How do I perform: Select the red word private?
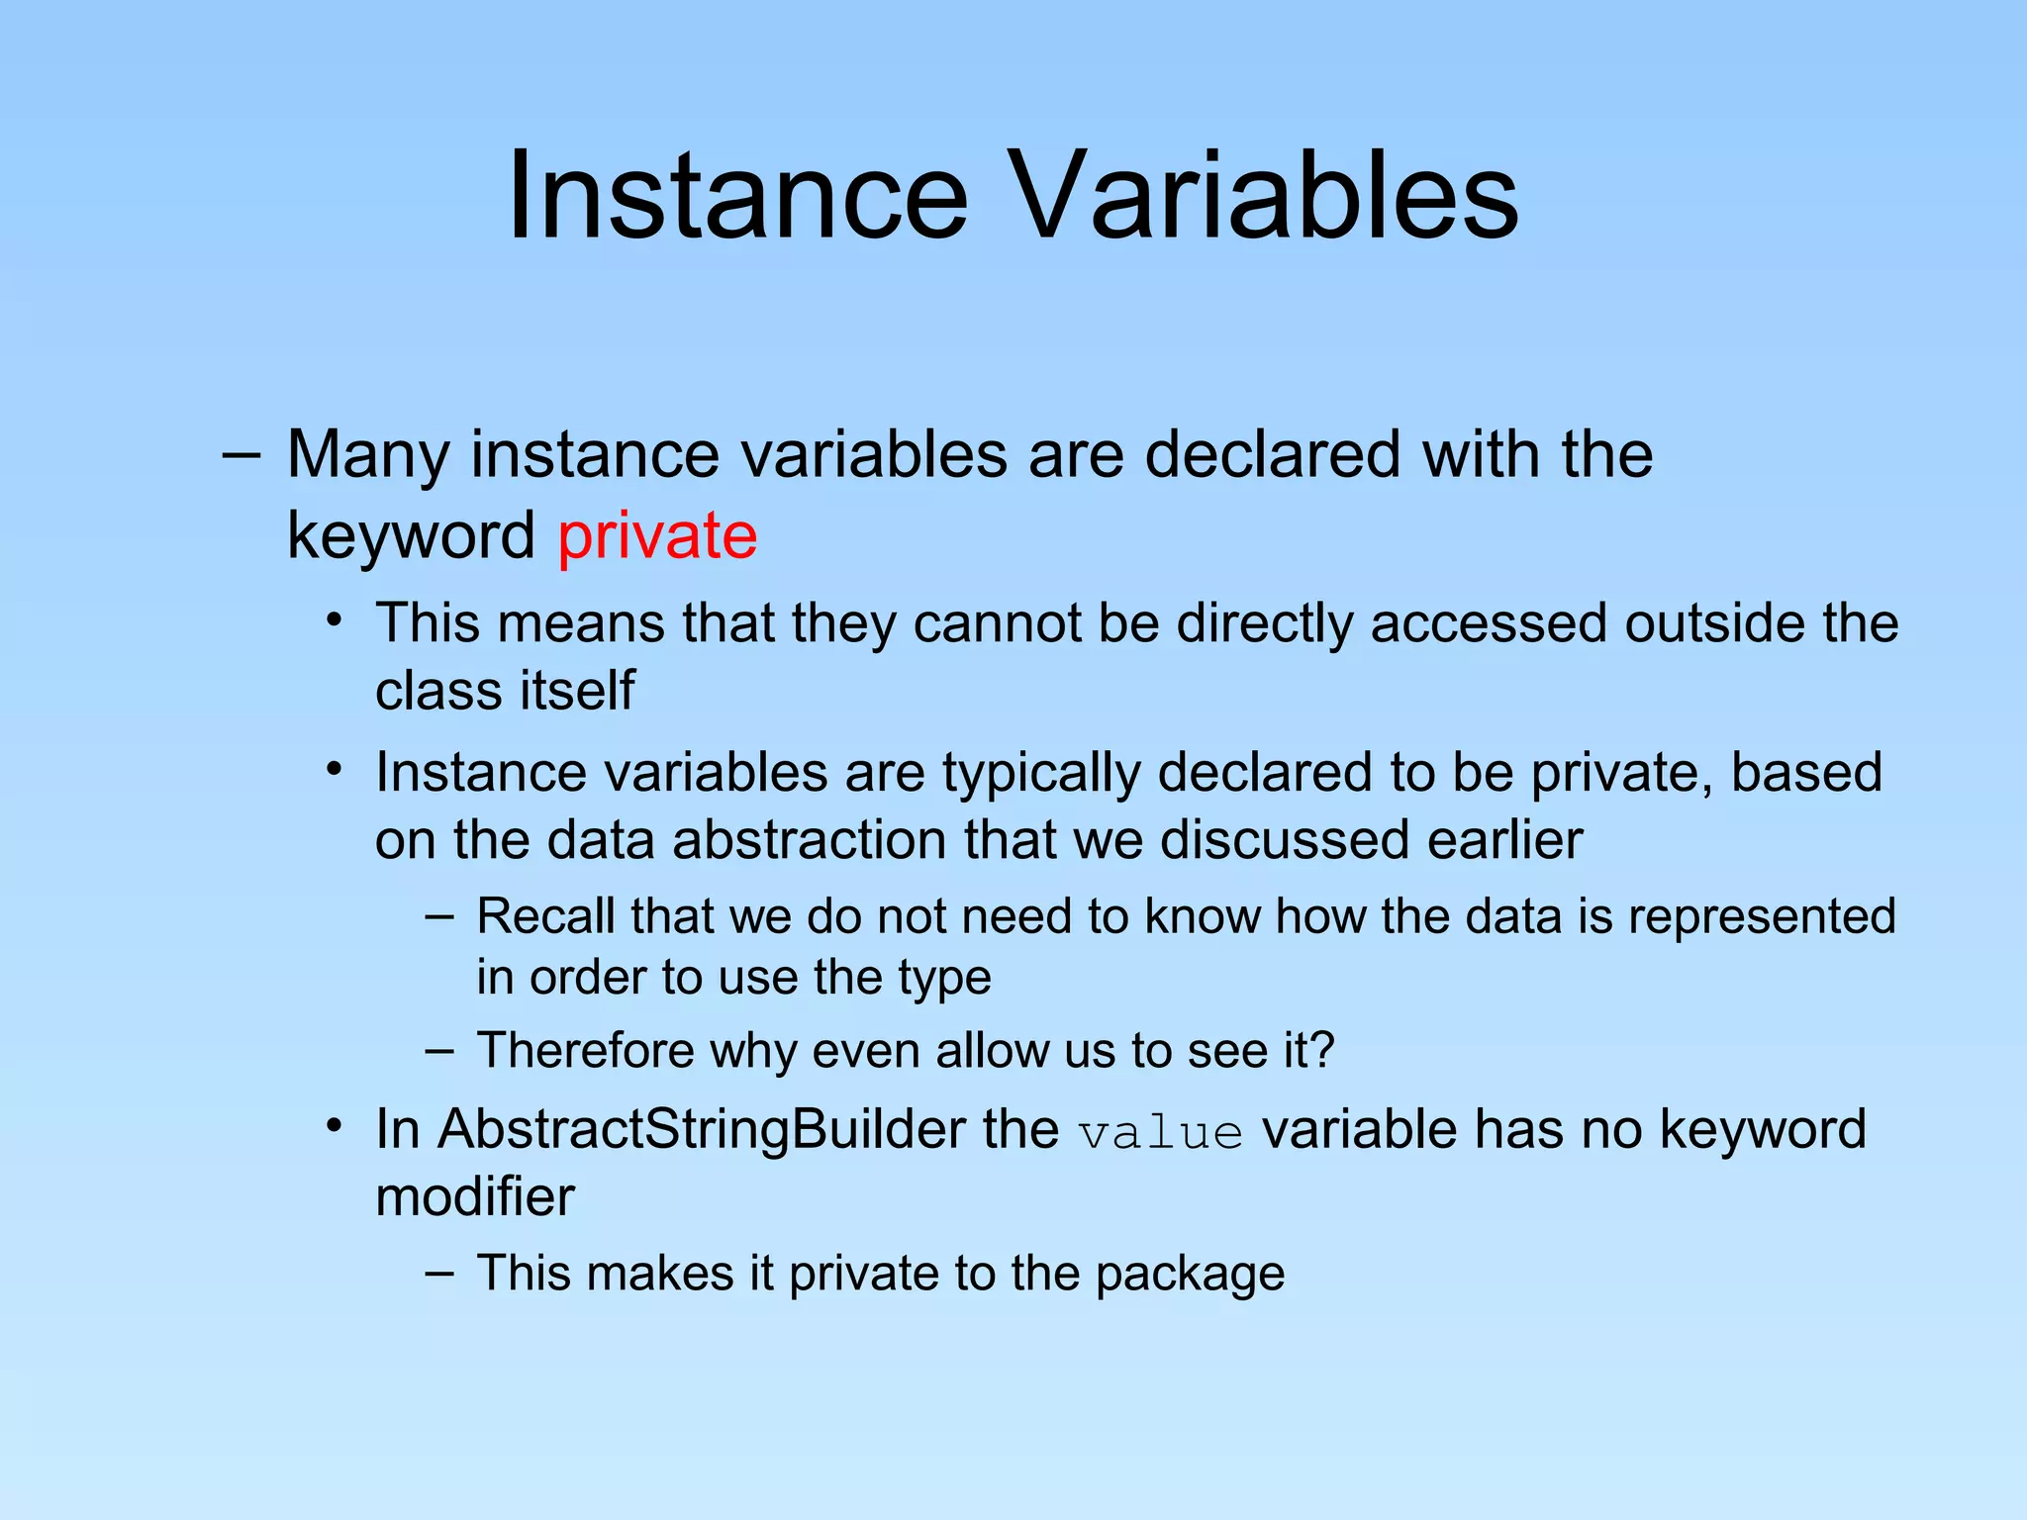[657, 535]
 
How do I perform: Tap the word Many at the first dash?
[368, 455]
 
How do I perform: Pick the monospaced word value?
[1160, 1133]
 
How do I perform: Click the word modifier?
[475, 1196]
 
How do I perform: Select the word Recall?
[545, 916]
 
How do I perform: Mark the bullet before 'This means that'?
[336, 620]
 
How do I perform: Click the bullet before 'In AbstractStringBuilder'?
[336, 1126]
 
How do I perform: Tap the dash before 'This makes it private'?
[439, 1273]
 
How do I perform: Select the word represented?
[1761, 916]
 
